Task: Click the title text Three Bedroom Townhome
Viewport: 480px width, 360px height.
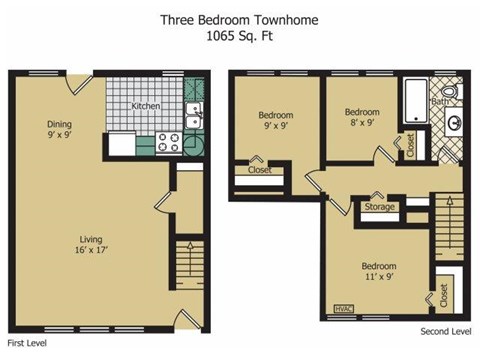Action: pyautogui.click(x=239, y=18)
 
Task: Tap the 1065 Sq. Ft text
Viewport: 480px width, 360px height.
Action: pyautogui.click(x=239, y=36)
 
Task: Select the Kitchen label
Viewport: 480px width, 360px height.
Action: pyautogui.click(x=147, y=105)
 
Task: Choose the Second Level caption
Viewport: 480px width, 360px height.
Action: pyautogui.click(x=444, y=330)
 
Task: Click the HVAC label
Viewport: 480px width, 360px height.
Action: pyautogui.click(x=343, y=308)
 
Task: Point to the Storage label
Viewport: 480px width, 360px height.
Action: pyautogui.click(x=379, y=207)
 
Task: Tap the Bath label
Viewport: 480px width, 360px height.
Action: pyautogui.click(x=440, y=101)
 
